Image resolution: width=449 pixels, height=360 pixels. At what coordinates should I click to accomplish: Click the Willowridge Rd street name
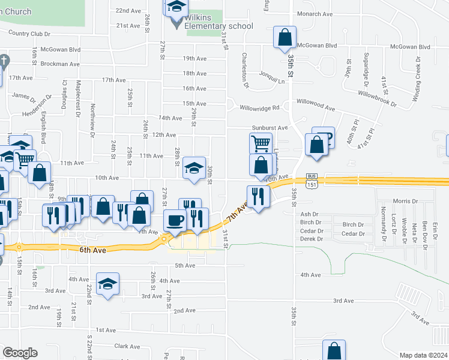[260, 108]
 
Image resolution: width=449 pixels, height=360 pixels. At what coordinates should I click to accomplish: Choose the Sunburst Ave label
[270, 128]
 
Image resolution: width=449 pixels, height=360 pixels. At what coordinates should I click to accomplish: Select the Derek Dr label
[312, 239]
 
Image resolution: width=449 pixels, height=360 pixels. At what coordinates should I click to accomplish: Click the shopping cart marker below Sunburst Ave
[260, 143]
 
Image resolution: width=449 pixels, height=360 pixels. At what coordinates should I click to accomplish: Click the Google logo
[20, 353]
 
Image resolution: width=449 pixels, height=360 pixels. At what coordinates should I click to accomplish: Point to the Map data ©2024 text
[423, 355]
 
